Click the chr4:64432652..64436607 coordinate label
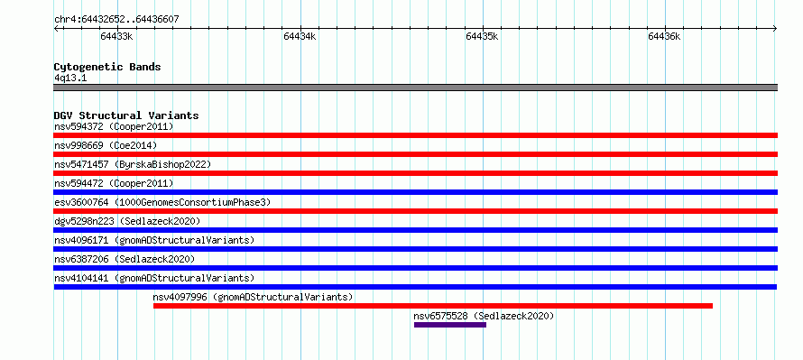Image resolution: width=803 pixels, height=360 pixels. [116, 20]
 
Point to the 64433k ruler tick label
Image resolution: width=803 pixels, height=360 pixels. [116, 36]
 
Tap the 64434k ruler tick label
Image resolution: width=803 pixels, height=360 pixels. [300, 36]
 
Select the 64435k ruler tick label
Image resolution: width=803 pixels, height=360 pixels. [482, 36]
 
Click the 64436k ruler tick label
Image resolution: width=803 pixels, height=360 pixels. [664, 36]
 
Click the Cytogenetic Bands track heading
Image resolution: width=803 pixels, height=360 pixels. [107, 67]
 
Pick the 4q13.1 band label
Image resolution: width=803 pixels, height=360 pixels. [70, 78]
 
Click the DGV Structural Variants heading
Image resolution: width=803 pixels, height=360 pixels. [126, 115]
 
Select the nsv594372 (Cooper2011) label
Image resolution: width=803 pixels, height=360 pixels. [114, 126]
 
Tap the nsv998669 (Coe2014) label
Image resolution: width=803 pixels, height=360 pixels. [106, 145]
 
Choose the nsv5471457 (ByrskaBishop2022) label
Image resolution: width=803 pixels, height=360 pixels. [133, 164]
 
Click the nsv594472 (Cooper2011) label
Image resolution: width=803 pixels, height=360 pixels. [114, 183]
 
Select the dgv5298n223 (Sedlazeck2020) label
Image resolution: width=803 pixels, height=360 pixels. [127, 221]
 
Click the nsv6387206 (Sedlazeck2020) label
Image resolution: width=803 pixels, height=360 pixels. [125, 259]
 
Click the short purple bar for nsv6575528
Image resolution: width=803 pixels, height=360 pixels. [450, 325]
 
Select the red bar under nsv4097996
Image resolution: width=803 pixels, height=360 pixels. [433, 306]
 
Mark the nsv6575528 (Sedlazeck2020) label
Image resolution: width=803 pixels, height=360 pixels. [484, 316]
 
